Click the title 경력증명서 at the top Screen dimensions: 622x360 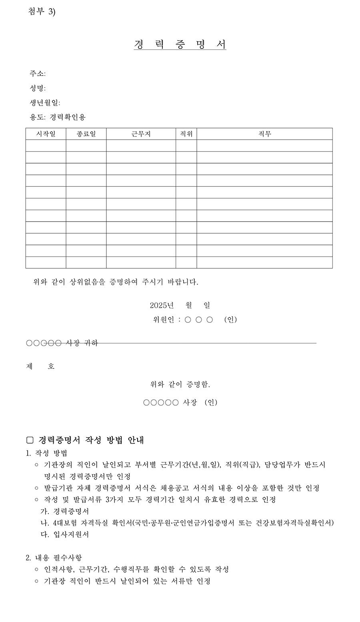click(180, 44)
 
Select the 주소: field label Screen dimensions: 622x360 click(38, 74)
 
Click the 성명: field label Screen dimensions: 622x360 click(38, 88)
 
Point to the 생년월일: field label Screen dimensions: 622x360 click(45, 103)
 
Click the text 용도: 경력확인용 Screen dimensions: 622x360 click(57, 118)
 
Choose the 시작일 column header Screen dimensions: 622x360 click(46, 134)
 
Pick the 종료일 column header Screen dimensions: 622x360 click(86, 134)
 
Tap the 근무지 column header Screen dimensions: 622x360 click(141, 134)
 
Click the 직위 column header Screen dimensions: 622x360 click(186, 134)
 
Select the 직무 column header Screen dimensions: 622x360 click(264, 134)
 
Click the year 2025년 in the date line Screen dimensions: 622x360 click(162, 306)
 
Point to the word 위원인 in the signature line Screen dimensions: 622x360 click(164, 320)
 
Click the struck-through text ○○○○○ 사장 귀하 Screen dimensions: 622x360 click(62, 343)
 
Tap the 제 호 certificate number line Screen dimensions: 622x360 click(40, 366)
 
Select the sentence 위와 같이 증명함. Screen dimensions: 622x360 click(180, 385)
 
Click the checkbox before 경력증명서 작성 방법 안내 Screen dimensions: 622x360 click(30, 440)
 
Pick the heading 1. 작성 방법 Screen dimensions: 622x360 click(46, 453)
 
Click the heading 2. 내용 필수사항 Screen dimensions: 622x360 click(54, 558)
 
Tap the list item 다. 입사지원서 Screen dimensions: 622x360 click(65, 534)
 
